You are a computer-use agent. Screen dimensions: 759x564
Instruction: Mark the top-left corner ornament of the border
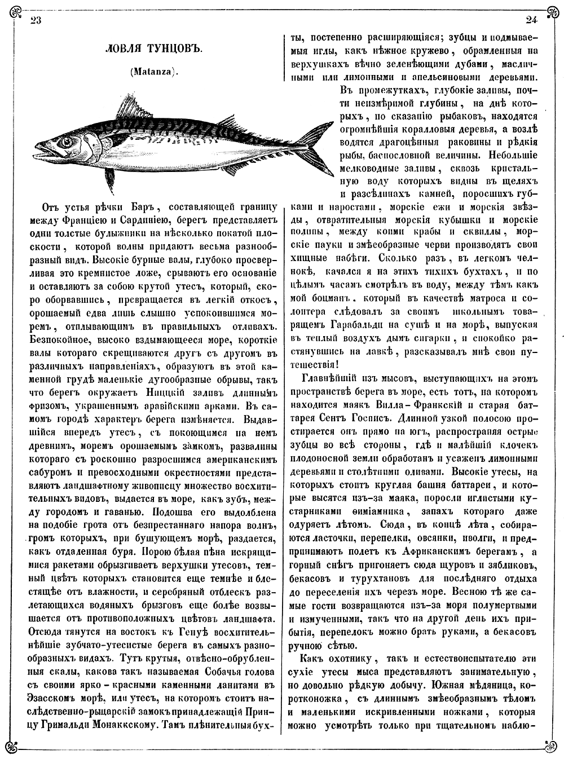[12, 11]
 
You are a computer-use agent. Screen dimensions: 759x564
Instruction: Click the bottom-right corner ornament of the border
[551, 747]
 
